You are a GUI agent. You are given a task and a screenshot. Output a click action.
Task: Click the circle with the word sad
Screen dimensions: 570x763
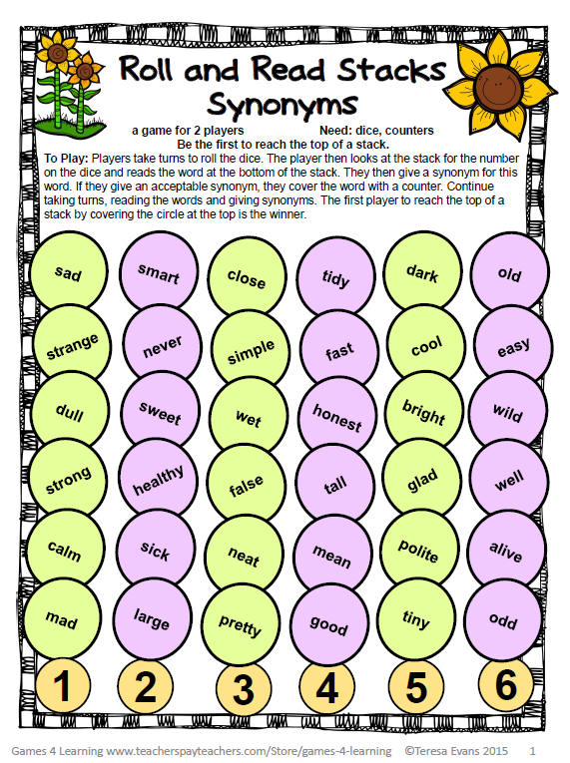pyautogui.click(x=68, y=272)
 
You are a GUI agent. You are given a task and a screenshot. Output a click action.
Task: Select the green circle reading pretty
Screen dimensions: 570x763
pyautogui.click(x=240, y=625)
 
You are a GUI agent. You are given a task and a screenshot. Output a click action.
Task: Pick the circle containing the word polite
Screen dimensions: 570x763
pyautogui.click(x=418, y=552)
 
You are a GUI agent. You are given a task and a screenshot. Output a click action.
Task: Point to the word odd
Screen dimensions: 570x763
pyautogui.click(x=503, y=621)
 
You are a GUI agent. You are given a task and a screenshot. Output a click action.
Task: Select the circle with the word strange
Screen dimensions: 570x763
pyautogui.click(x=72, y=344)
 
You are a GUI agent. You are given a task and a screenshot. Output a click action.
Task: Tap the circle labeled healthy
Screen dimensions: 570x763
pyautogui.click(x=158, y=483)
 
